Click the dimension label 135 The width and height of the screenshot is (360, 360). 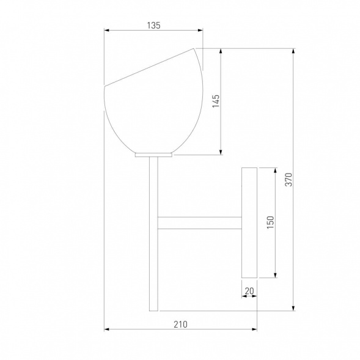153,26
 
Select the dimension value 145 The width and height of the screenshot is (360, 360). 216,101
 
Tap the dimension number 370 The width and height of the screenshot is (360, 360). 288,180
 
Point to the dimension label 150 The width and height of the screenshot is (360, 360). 271,222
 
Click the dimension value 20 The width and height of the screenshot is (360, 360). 249,291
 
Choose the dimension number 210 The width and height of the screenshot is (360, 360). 180,325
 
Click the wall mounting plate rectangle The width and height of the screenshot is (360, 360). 249,222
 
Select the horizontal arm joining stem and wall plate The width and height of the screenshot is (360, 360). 199,223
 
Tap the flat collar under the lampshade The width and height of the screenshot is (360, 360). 153,155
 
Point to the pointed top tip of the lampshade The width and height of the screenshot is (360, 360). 194,48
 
